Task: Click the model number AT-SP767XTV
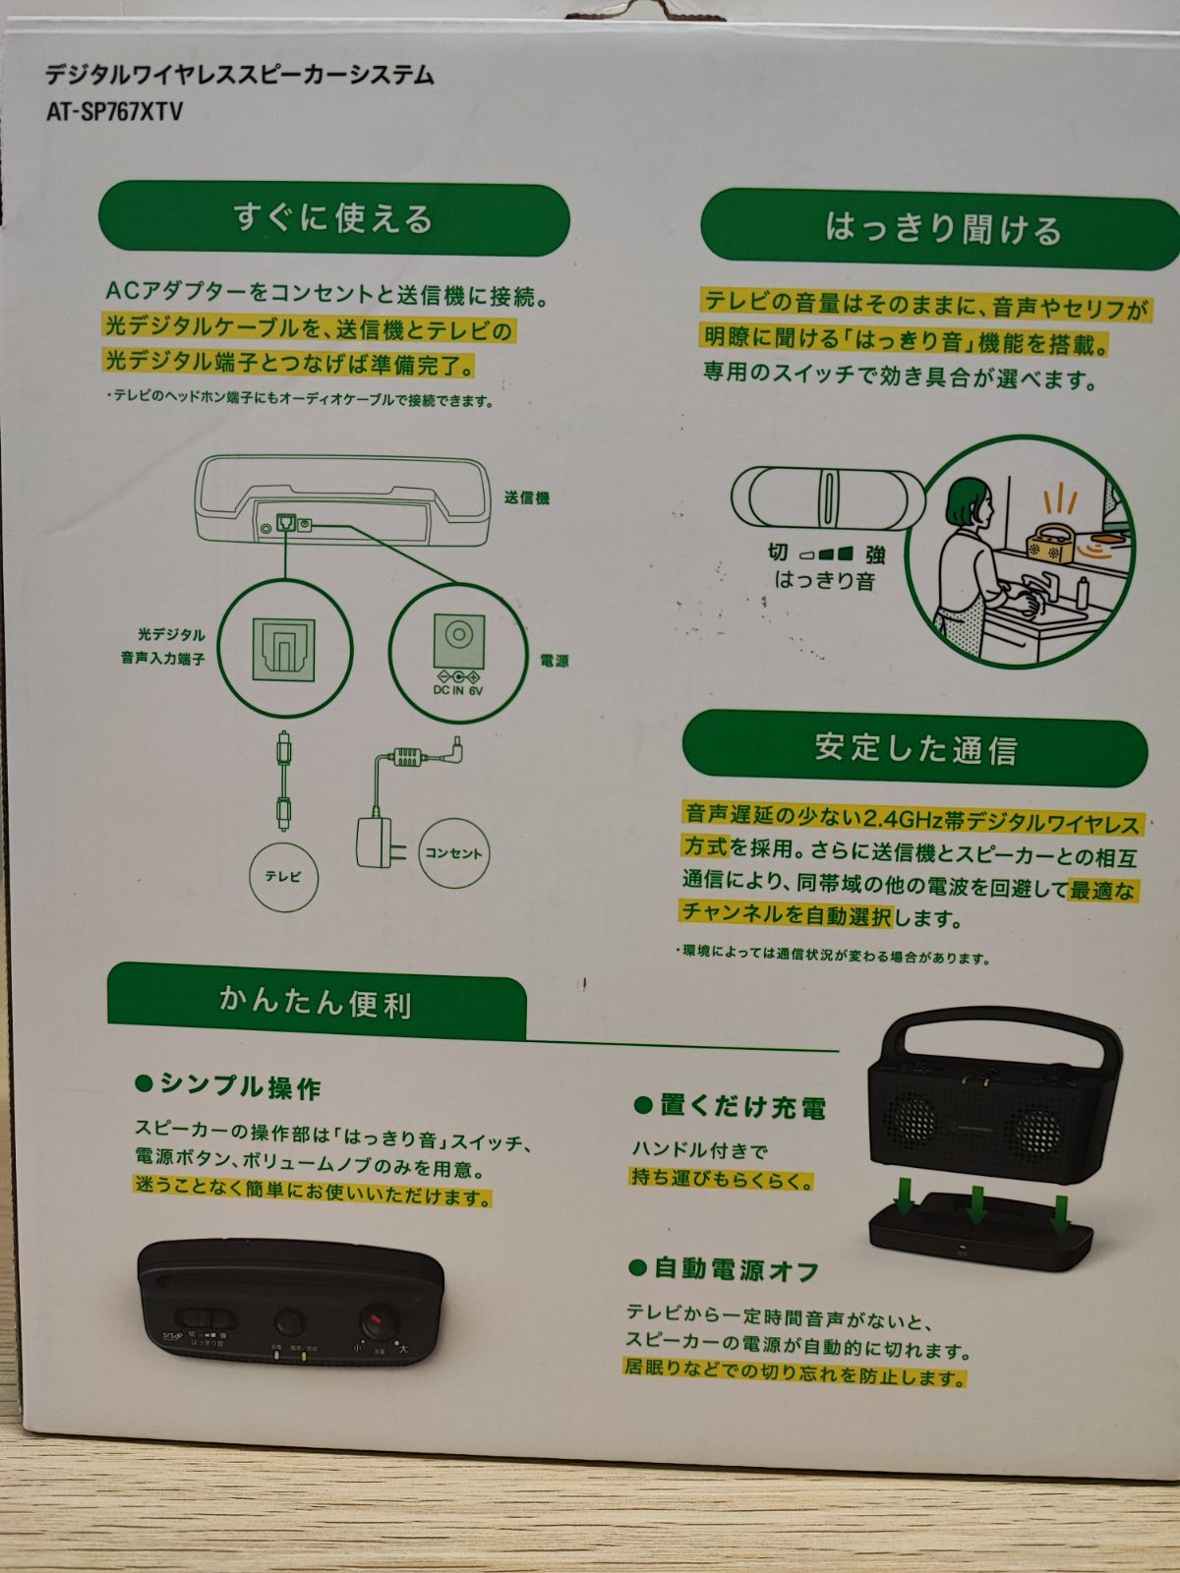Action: (x=114, y=111)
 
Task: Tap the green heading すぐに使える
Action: (x=333, y=218)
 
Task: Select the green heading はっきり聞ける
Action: (x=942, y=228)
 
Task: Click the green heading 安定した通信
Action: (x=914, y=749)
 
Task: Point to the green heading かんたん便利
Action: (x=316, y=1003)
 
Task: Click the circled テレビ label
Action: (x=283, y=875)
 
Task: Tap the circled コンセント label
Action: (x=453, y=853)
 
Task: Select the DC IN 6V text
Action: (x=458, y=689)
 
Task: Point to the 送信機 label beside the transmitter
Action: (x=527, y=498)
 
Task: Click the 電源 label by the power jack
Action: (x=555, y=661)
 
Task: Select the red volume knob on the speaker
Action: (x=375, y=1322)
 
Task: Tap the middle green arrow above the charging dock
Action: (x=975, y=1204)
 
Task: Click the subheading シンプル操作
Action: (x=240, y=1086)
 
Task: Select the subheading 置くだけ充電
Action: (x=742, y=1107)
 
